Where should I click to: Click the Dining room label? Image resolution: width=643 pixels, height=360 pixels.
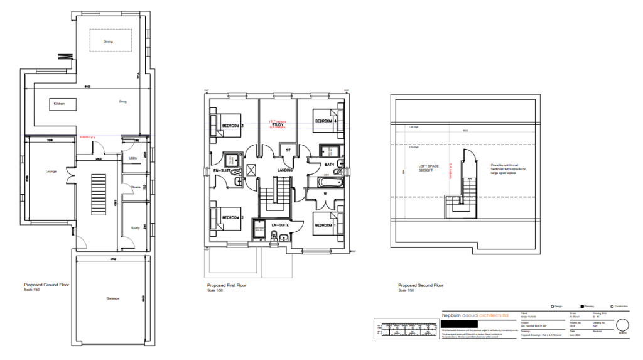[x=109, y=41]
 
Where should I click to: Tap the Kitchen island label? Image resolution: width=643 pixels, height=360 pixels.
[x=59, y=103]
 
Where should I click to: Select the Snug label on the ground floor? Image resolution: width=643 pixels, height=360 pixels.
[x=123, y=101]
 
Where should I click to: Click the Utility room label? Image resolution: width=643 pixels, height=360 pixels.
[x=132, y=158]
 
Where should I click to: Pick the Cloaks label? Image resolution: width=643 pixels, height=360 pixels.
[x=135, y=187]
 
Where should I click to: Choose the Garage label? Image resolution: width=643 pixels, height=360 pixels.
[x=112, y=298]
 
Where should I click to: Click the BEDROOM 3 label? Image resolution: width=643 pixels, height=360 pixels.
[x=232, y=126]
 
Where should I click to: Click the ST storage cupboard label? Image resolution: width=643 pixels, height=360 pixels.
[x=288, y=151]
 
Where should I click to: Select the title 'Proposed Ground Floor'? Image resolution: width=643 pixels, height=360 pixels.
[x=46, y=285]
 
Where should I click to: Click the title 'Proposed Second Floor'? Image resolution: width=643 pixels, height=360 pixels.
[x=421, y=285]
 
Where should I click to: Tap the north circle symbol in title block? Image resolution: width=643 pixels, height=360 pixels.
[x=623, y=325]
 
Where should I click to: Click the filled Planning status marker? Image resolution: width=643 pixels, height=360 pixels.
[x=583, y=306]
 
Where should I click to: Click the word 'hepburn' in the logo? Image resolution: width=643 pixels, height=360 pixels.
[x=453, y=314]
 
